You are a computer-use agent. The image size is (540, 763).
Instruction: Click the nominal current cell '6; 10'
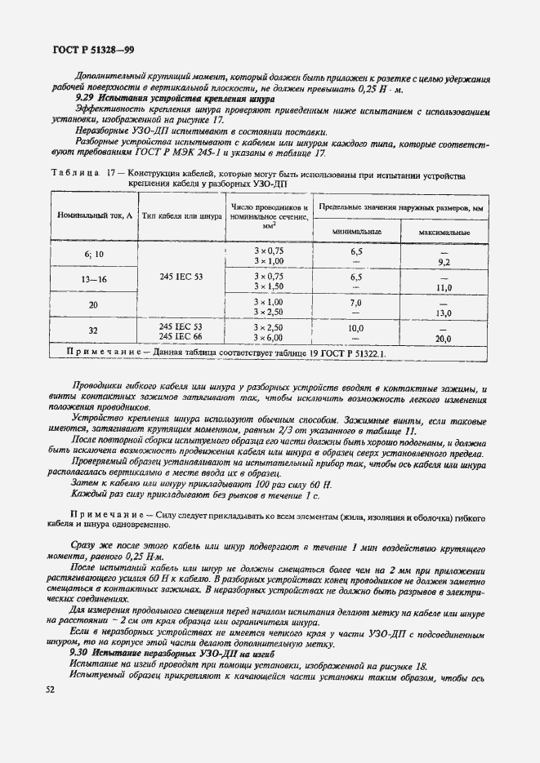coord(94,255)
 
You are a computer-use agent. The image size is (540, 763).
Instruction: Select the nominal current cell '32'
coord(94,331)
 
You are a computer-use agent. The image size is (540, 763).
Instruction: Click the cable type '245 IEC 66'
coord(181,336)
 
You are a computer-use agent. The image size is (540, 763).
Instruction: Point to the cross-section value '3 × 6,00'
coord(269,336)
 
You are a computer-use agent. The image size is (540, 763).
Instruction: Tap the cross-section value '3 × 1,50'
coord(269,286)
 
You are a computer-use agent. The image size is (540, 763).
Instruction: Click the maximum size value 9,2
coord(444,261)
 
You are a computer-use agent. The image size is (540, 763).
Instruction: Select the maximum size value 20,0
coord(444,337)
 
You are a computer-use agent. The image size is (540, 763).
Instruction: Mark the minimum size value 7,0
coord(356,301)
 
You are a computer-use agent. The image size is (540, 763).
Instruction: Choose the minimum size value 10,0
coord(356,326)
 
